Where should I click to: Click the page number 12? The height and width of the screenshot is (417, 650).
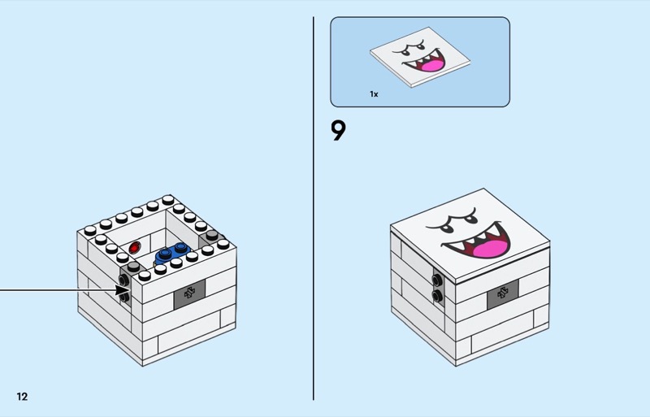(x=22, y=397)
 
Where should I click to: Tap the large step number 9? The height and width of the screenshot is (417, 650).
(x=338, y=131)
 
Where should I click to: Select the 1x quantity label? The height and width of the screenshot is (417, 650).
(x=374, y=94)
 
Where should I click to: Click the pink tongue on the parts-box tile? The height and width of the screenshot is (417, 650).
(x=432, y=66)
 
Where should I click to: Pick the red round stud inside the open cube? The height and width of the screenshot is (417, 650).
(x=134, y=248)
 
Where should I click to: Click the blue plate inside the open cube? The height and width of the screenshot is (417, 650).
(x=171, y=253)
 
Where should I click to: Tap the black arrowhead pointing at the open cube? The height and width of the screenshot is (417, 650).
(x=123, y=290)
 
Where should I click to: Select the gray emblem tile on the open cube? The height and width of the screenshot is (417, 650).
(x=189, y=294)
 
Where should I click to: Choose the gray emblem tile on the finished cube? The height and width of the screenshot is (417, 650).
(x=502, y=294)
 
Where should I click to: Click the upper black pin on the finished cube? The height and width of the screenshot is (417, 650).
(x=437, y=280)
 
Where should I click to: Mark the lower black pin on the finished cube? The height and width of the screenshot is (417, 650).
(x=437, y=296)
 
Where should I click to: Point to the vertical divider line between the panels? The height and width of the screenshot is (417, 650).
(x=314, y=208)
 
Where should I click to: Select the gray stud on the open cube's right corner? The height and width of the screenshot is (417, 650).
(x=212, y=235)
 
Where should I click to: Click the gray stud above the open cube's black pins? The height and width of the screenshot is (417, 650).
(x=134, y=267)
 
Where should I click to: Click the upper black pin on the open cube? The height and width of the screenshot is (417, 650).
(x=123, y=280)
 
